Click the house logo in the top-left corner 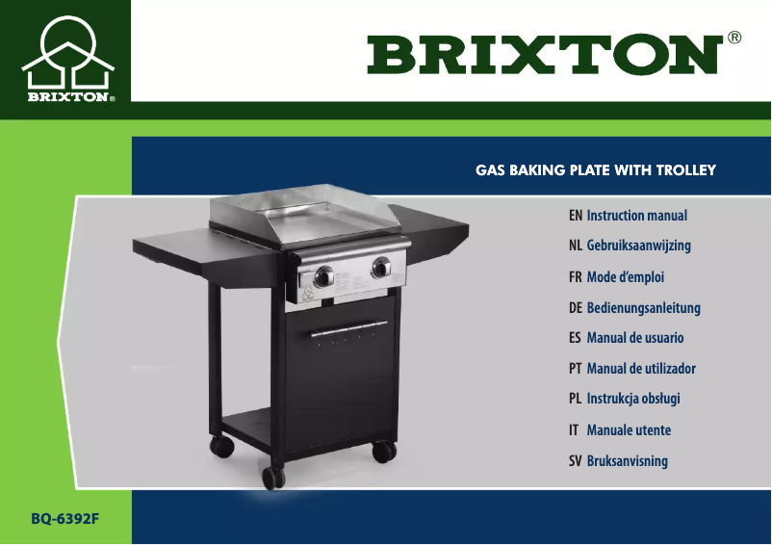(x=65, y=59)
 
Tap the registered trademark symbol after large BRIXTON (x=734, y=39)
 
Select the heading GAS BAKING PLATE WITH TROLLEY (x=596, y=170)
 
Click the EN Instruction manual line (x=628, y=216)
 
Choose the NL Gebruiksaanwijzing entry (x=630, y=246)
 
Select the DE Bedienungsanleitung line (x=634, y=308)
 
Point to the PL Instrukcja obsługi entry (x=625, y=399)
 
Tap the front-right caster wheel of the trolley (x=383, y=451)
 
